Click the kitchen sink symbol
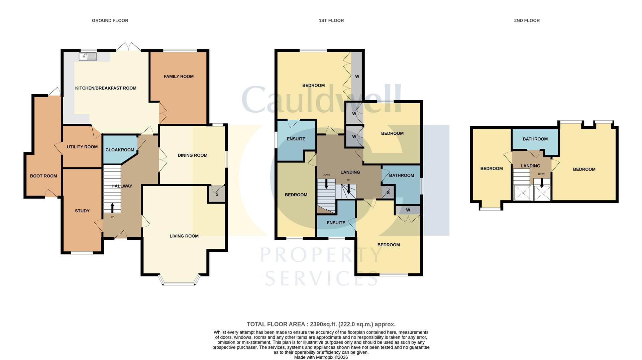[88, 57]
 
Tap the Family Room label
[179, 77]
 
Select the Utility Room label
[82, 147]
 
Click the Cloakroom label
[120, 150]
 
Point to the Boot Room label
[43, 176]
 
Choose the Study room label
[82, 211]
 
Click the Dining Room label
[193, 155]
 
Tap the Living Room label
[184, 236]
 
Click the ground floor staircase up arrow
[112, 208]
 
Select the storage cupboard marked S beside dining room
[217, 194]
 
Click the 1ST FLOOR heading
[331, 20]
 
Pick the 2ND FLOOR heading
[527, 20]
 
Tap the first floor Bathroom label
[402, 175]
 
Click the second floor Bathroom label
[535, 139]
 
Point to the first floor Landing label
[350, 172]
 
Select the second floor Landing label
[530, 166]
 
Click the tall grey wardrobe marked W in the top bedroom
[357, 76]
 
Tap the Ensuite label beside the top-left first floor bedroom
[296, 139]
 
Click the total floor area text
[321, 324]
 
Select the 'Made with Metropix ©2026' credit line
[321, 357]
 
